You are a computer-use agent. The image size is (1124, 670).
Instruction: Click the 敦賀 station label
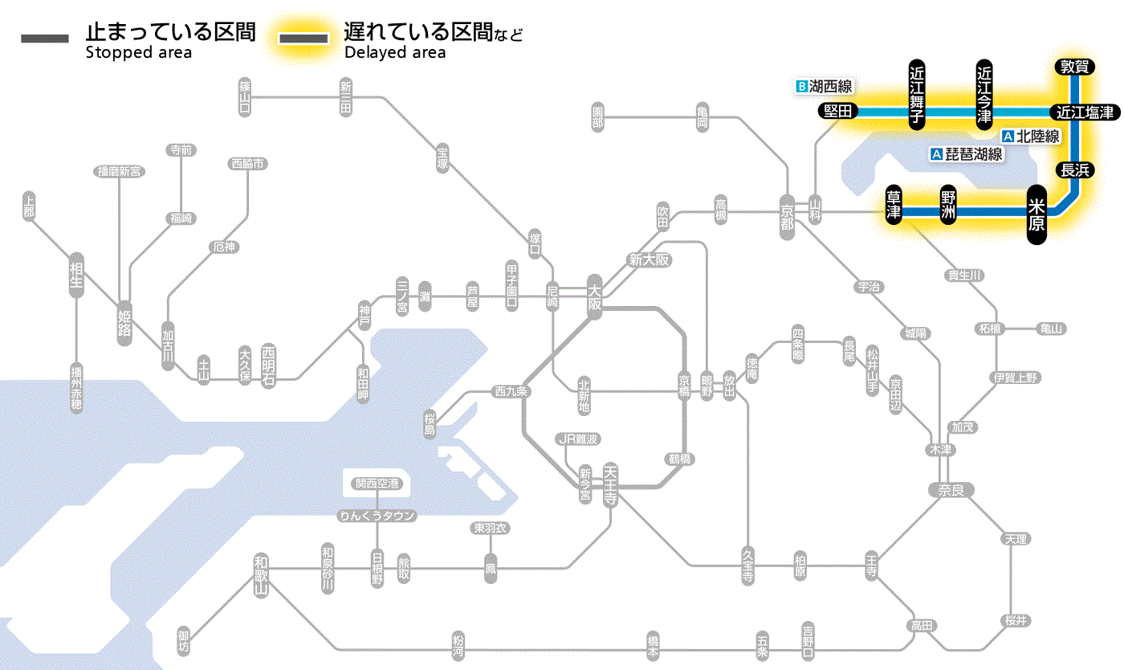tap(1074, 67)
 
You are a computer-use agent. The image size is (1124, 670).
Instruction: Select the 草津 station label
tap(894, 206)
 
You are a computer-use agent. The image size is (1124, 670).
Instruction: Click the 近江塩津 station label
tap(1085, 112)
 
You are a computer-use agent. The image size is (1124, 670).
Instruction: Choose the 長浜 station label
tap(1074, 170)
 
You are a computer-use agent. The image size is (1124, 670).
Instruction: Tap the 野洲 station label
tap(949, 206)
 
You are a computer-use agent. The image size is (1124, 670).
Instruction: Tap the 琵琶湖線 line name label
tap(973, 154)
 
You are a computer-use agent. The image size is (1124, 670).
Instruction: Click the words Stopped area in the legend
tap(138, 53)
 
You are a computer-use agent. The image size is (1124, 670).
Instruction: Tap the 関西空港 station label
tap(377, 484)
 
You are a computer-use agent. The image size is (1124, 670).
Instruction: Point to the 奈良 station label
tap(950, 490)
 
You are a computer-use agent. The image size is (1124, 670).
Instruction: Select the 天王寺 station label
tap(610, 485)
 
